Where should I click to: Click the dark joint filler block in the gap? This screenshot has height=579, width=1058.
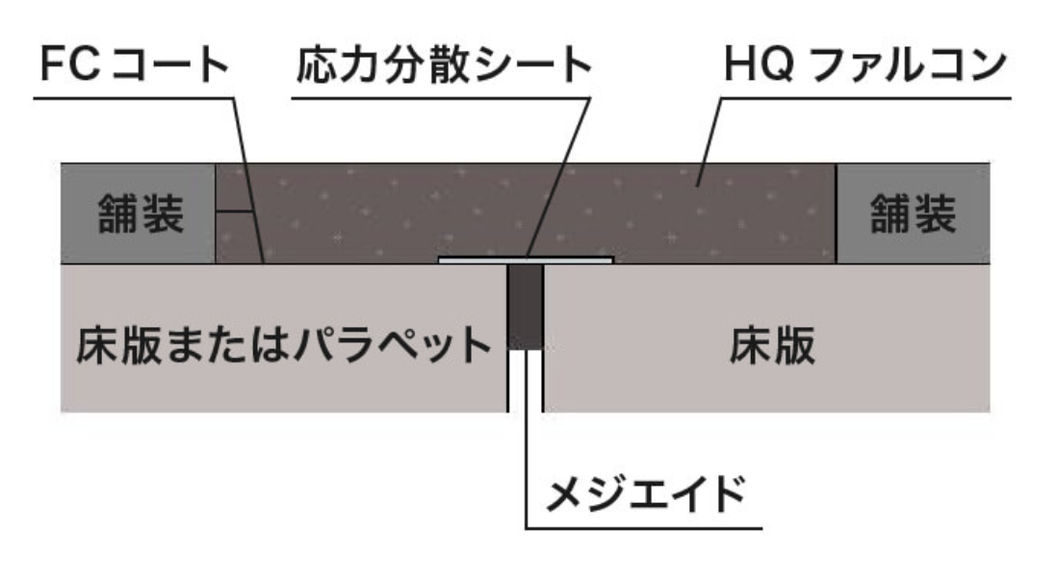pos(526,307)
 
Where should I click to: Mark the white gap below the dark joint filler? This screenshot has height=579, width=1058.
pos(526,381)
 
